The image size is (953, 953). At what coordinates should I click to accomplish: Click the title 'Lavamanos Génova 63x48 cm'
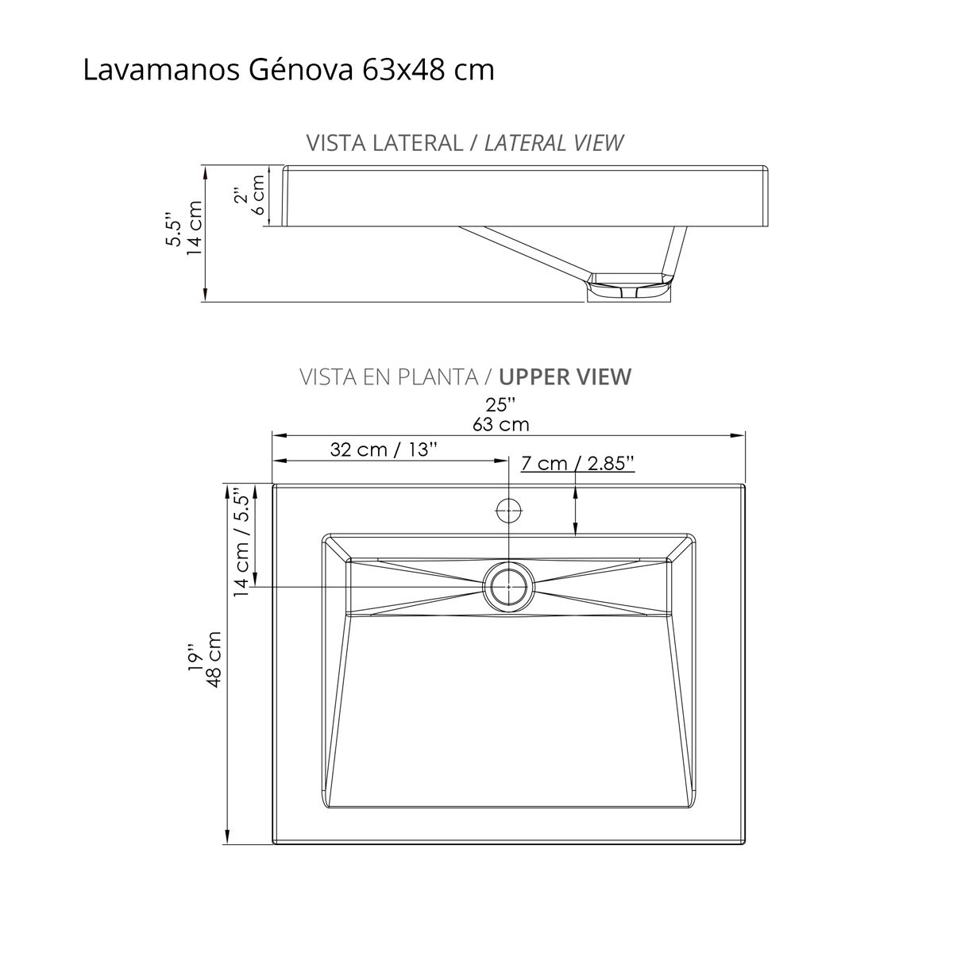[288, 70]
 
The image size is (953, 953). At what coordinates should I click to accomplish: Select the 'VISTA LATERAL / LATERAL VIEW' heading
[465, 143]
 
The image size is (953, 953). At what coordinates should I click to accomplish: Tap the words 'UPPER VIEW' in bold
[565, 376]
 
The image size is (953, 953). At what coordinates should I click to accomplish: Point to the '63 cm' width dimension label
[500, 424]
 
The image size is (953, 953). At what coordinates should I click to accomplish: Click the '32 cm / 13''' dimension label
[384, 449]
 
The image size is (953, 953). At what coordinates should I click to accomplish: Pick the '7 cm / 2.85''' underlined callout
[577, 463]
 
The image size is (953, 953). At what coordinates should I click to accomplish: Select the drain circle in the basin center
[508, 587]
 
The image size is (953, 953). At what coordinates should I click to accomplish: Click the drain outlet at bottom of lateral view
[628, 289]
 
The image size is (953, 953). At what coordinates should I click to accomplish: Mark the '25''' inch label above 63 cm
[500, 404]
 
